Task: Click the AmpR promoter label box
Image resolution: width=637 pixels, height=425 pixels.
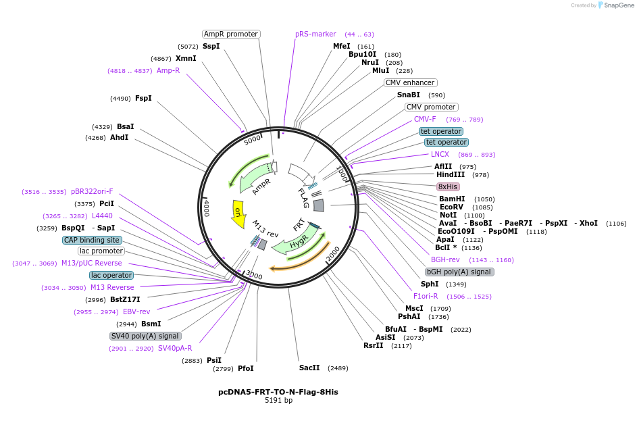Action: click(231, 34)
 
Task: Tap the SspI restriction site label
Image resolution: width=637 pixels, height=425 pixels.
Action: click(211, 47)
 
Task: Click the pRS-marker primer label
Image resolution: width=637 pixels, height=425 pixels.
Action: click(315, 34)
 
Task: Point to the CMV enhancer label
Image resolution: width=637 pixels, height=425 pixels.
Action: click(410, 82)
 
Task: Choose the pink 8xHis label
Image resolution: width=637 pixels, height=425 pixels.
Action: click(448, 186)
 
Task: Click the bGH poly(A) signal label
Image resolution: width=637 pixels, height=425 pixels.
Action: click(459, 272)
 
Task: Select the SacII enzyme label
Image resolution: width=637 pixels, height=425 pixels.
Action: click(309, 368)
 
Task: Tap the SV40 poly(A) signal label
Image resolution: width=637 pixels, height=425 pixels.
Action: click(145, 336)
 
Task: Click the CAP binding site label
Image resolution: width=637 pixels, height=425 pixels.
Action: click(92, 240)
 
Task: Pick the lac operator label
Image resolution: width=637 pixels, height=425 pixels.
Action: click(111, 275)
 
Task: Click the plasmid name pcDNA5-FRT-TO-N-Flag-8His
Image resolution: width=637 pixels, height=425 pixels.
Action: click(278, 392)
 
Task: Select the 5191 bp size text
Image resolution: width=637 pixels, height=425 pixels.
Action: click(278, 401)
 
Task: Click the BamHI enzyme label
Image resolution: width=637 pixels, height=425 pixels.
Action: click(452, 199)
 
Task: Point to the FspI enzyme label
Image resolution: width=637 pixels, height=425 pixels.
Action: click(143, 98)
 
